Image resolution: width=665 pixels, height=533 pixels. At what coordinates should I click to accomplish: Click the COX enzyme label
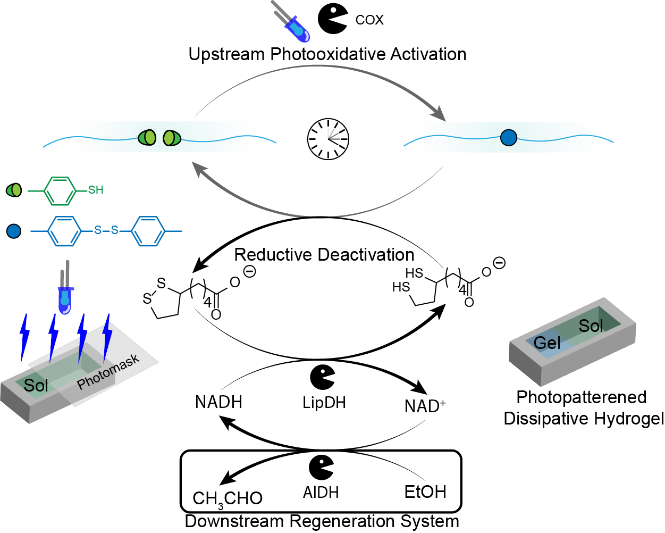click(x=369, y=20)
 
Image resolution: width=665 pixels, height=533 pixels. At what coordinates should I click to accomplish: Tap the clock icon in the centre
click(x=328, y=139)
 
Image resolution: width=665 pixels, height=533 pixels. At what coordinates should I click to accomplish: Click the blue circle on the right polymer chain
click(x=509, y=138)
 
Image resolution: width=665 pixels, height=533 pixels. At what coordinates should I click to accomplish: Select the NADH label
click(x=218, y=402)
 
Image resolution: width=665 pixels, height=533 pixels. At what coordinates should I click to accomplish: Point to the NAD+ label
click(x=425, y=406)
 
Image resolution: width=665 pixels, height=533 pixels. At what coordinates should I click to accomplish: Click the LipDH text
click(x=324, y=403)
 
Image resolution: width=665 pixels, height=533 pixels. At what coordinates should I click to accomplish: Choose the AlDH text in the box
click(x=321, y=493)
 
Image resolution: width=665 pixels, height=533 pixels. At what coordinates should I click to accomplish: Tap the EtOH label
click(x=425, y=492)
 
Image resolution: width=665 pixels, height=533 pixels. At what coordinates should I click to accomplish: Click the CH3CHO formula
click(x=228, y=498)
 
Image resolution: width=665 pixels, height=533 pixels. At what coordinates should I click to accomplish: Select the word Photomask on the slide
click(x=108, y=372)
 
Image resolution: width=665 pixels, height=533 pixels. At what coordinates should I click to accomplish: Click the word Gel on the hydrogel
click(x=547, y=343)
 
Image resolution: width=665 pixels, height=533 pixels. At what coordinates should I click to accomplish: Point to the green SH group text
click(x=96, y=190)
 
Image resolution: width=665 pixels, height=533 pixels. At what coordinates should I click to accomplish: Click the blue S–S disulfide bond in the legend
click(x=106, y=231)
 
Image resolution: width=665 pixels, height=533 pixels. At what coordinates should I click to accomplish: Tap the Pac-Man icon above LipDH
click(x=323, y=377)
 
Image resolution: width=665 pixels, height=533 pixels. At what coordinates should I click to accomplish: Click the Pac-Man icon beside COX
click(x=333, y=19)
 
